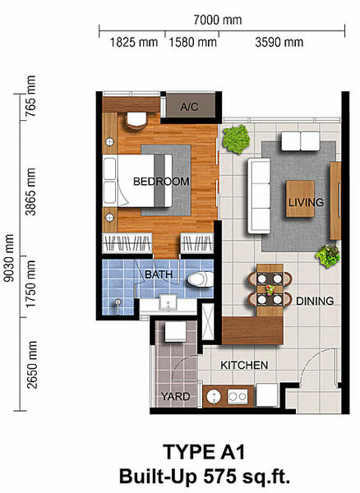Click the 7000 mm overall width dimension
coord(218,20)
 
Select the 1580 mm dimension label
coord(192,42)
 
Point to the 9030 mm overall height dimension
coord(9,258)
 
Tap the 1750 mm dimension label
coord(30,284)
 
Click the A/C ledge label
coord(189,107)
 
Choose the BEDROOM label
coord(161,182)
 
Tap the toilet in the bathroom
coord(201,279)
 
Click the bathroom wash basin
coord(168,302)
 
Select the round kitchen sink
coord(214,397)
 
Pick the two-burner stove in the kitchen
coord(238,397)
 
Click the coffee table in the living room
coord(300,199)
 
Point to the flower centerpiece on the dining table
coord(270,289)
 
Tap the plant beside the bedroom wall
coord(236,139)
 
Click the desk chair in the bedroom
coord(136,121)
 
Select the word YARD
coord(175,397)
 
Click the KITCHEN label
coord(244,365)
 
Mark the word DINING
coord(315,302)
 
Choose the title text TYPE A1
coord(204,452)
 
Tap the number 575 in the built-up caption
coord(219,476)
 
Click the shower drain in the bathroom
coord(118,302)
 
